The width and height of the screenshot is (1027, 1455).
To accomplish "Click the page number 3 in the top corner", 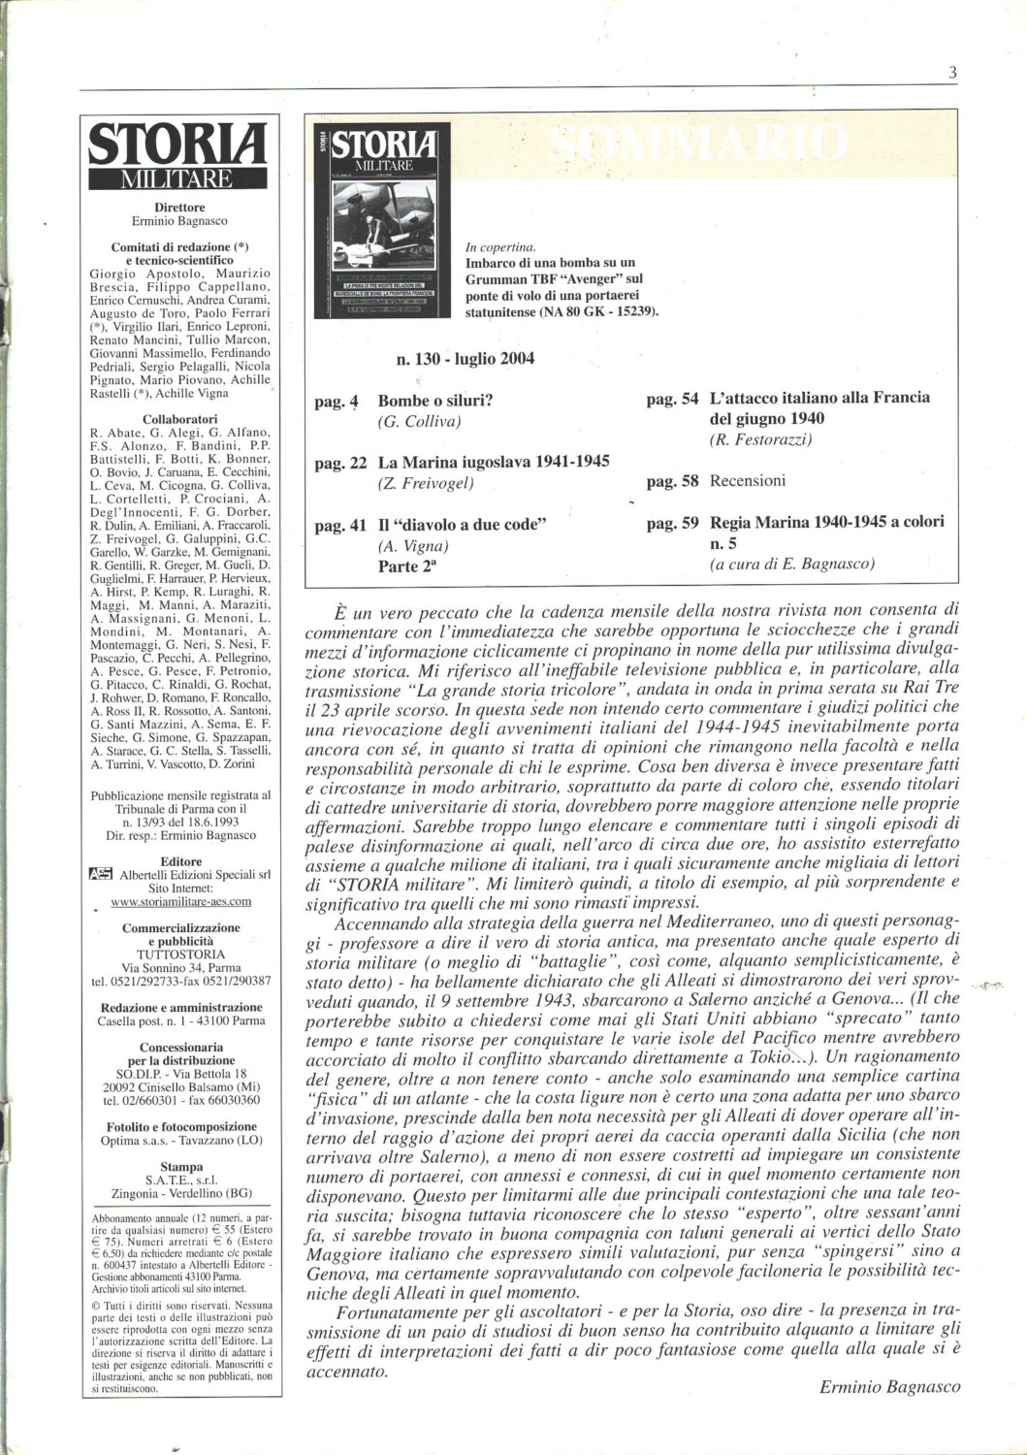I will (x=952, y=72).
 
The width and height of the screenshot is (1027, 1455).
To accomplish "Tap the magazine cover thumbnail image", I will (x=382, y=220).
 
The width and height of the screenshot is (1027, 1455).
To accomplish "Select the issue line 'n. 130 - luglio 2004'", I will (x=465, y=359).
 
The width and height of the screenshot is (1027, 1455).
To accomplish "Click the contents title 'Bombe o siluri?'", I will (x=435, y=400).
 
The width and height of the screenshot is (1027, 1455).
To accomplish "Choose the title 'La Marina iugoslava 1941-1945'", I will (x=494, y=462).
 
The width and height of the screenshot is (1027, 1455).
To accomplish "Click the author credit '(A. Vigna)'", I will (x=412, y=546).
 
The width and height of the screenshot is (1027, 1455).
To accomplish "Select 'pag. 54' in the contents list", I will (x=672, y=398).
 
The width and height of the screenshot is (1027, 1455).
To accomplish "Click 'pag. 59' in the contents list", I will (x=672, y=523).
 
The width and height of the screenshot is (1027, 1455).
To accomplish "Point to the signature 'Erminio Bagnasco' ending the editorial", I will (x=889, y=1386).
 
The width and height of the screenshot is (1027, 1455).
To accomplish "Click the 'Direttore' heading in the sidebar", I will (x=179, y=208).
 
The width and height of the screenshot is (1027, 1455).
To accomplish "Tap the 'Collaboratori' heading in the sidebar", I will (x=179, y=419).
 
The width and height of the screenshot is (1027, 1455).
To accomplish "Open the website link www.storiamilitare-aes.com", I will (x=180, y=901).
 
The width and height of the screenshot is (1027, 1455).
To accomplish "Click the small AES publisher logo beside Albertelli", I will (x=99, y=874).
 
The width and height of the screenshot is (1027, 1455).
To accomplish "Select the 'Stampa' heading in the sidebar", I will (x=180, y=1167).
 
